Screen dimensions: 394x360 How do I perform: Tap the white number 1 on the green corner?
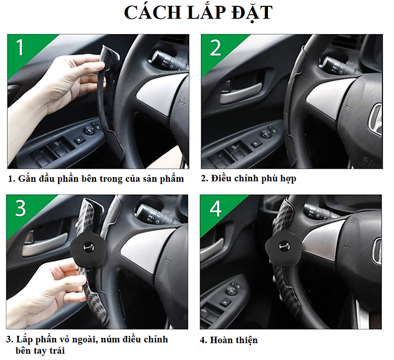point(19,47)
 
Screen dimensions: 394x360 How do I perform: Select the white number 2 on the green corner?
point(215,47)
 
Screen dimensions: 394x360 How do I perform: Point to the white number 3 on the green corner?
point(20,208)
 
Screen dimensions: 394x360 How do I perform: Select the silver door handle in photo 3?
point(45,244)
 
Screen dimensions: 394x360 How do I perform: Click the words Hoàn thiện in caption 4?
point(234,340)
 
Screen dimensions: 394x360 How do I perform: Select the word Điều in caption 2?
point(222,178)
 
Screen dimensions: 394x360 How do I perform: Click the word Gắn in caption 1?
point(26,179)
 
